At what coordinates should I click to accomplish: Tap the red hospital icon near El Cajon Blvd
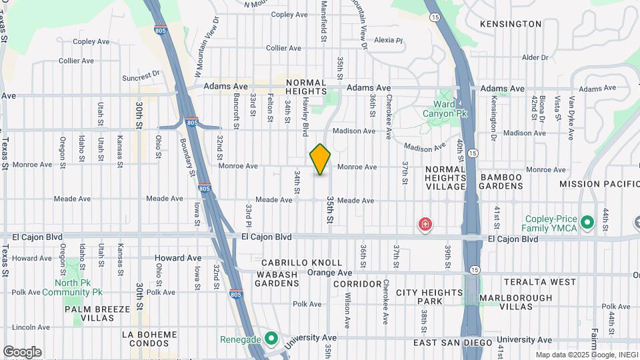pos(425,225)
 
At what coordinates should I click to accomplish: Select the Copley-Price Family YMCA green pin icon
pos(587,221)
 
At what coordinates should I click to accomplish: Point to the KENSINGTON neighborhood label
pos(511,24)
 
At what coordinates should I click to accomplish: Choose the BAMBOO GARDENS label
pos(501,181)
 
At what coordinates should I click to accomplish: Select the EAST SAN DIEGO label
pos(452,343)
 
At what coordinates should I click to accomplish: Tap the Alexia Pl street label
pos(389,41)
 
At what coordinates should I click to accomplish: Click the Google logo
pos(22,351)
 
